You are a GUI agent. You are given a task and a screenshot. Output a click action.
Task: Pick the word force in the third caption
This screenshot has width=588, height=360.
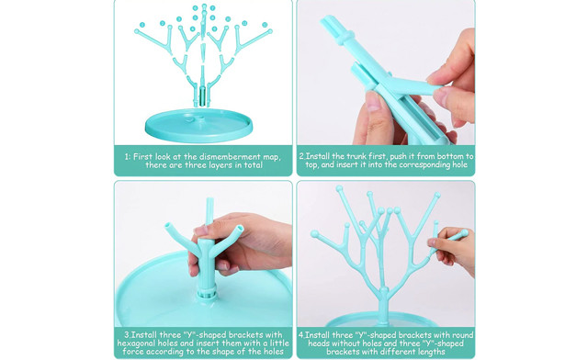(x=133, y=352)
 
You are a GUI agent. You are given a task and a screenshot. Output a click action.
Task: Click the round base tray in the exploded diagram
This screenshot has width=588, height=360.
(x=198, y=126)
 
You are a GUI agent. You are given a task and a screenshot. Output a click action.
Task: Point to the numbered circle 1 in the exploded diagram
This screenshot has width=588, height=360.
(x=142, y=25)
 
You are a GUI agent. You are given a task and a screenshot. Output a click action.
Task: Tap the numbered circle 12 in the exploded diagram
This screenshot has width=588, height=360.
(x=265, y=25)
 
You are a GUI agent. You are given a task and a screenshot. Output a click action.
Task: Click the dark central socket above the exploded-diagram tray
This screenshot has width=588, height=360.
(x=202, y=96)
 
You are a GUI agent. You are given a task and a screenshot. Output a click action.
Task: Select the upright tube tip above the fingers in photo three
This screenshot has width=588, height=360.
(x=209, y=210)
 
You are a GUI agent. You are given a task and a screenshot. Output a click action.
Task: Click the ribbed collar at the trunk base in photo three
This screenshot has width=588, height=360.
(x=207, y=291)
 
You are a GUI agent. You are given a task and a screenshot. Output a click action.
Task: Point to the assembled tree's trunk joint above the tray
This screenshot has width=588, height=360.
(x=383, y=297)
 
